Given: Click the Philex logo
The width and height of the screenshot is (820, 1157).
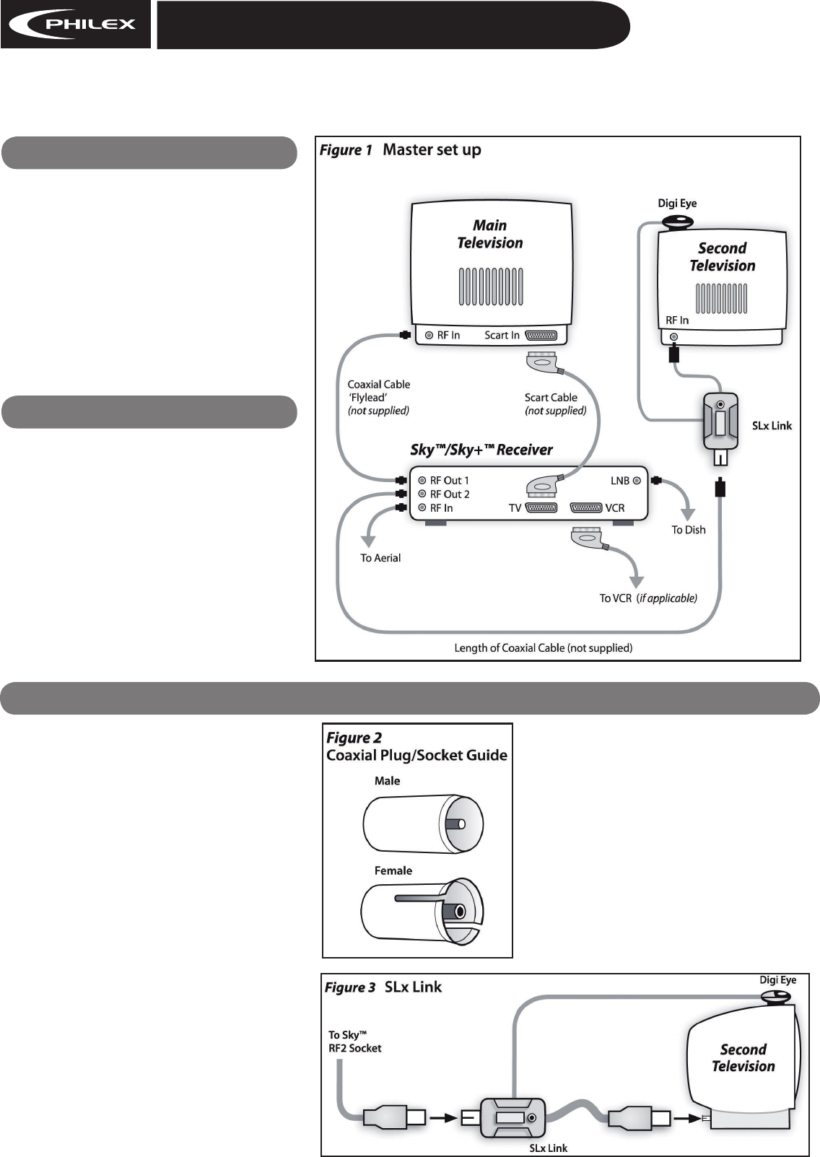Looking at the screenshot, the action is pyautogui.click(x=76, y=25).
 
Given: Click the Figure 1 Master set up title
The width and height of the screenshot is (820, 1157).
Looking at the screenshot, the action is pyautogui.click(x=401, y=150).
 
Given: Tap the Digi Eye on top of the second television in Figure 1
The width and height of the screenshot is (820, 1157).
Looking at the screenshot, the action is pyautogui.click(x=677, y=222).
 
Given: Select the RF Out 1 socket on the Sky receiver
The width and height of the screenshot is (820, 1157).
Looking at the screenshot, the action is pyautogui.click(x=422, y=481).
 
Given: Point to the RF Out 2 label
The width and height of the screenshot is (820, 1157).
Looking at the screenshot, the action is pyautogui.click(x=450, y=494).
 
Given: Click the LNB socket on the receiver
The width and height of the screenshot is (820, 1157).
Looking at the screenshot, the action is pyautogui.click(x=637, y=481).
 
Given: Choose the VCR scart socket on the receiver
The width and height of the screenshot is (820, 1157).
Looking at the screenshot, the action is pyautogui.click(x=586, y=507).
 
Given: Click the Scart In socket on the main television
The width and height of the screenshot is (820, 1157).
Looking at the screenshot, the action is pyautogui.click(x=541, y=335).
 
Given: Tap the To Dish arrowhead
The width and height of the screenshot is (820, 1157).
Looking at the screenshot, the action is pyautogui.click(x=688, y=515).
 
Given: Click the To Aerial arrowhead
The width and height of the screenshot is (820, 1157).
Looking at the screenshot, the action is pyautogui.click(x=368, y=541).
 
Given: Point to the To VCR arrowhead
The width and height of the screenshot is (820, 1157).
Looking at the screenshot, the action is pyautogui.click(x=637, y=582).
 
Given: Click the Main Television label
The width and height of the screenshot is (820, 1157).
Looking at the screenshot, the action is pyautogui.click(x=490, y=234).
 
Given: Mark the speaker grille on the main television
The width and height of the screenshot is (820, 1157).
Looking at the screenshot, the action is pyautogui.click(x=491, y=287).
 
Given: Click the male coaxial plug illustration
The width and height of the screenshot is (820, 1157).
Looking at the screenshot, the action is pyautogui.click(x=423, y=824).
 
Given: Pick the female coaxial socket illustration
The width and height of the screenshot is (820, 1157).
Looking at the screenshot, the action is pyautogui.click(x=423, y=911).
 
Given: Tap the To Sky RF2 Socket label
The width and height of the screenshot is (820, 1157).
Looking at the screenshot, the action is pyautogui.click(x=355, y=1042).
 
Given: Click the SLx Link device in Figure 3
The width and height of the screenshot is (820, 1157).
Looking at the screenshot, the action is pyautogui.click(x=512, y=1118).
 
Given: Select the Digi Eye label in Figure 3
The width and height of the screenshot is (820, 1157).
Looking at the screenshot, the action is pyautogui.click(x=777, y=980).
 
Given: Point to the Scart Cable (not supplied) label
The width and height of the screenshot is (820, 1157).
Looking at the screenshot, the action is pyautogui.click(x=556, y=404).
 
